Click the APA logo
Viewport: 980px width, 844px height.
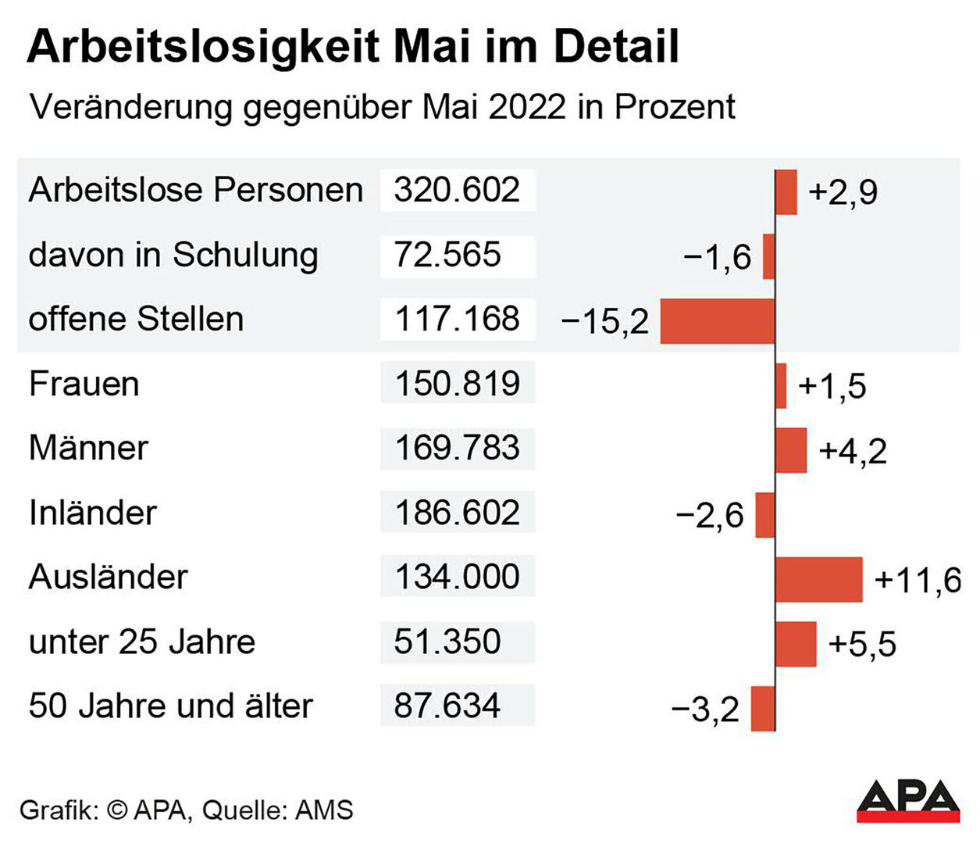coord(907,800)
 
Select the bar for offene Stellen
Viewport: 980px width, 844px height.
coord(717,320)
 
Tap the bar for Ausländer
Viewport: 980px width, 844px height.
coord(819,579)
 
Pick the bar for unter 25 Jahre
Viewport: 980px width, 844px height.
coord(796,644)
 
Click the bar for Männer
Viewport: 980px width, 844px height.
coord(791,450)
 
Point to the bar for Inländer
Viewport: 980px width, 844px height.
coord(765,515)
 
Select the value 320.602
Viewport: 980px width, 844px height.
coord(457,190)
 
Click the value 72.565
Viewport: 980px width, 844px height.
coord(447,255)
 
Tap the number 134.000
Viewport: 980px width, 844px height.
coord(457,577)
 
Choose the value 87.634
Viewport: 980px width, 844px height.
coord(447,706)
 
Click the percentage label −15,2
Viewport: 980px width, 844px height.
coord(604,321)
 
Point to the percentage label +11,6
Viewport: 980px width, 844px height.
coord(918,580)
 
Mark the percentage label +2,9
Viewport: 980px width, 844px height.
coord(843,192)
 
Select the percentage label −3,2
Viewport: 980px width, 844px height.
coord(704,710)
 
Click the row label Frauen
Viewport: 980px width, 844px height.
coord(84,384)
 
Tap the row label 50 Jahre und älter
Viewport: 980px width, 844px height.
coord(170,706)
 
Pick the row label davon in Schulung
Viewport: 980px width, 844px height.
coord(173,255)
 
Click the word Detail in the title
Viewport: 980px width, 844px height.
coord(615,47)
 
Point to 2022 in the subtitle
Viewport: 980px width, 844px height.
coord(527,106)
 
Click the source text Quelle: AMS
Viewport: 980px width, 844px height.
coord(277,810)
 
